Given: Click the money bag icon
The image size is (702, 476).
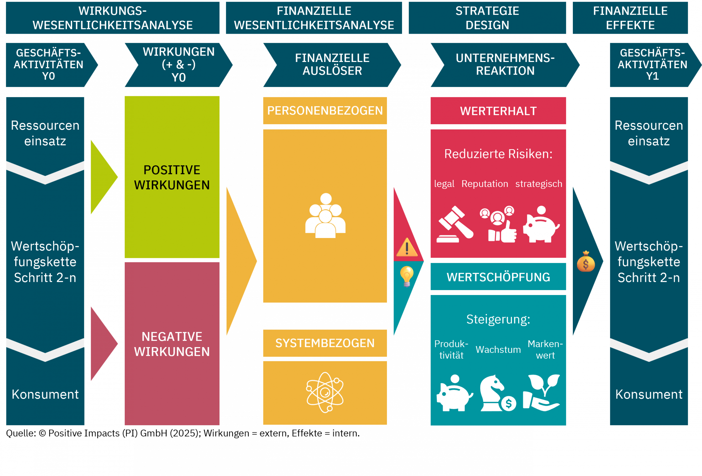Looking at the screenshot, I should [586, 262].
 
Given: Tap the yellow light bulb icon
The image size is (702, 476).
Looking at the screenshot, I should [407, 276].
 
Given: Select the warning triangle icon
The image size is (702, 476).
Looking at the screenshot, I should [407, 247].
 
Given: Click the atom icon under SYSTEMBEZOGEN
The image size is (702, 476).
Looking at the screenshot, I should [325, 392].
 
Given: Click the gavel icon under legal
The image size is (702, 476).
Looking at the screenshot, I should [455, 224].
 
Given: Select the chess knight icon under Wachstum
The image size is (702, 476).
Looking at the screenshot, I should [498, 393].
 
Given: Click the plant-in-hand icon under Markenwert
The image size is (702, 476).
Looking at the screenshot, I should [542, 393].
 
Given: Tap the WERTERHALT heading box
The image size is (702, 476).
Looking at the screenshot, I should [498, 111].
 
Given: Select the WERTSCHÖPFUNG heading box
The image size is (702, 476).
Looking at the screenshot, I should [498, 277].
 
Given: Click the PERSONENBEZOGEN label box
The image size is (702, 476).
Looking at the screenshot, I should [325, 110].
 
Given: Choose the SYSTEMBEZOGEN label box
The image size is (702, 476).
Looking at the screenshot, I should [325, 343].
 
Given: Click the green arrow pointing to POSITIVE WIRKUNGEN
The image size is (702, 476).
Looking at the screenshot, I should [103, 177].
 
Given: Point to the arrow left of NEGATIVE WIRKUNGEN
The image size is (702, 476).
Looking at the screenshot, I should [103, 344].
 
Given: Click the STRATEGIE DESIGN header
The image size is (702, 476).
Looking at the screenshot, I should [487, 18].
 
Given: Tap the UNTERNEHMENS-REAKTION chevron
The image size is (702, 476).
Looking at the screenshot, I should [505, 65].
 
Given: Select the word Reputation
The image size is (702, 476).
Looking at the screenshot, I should [485, 184].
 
